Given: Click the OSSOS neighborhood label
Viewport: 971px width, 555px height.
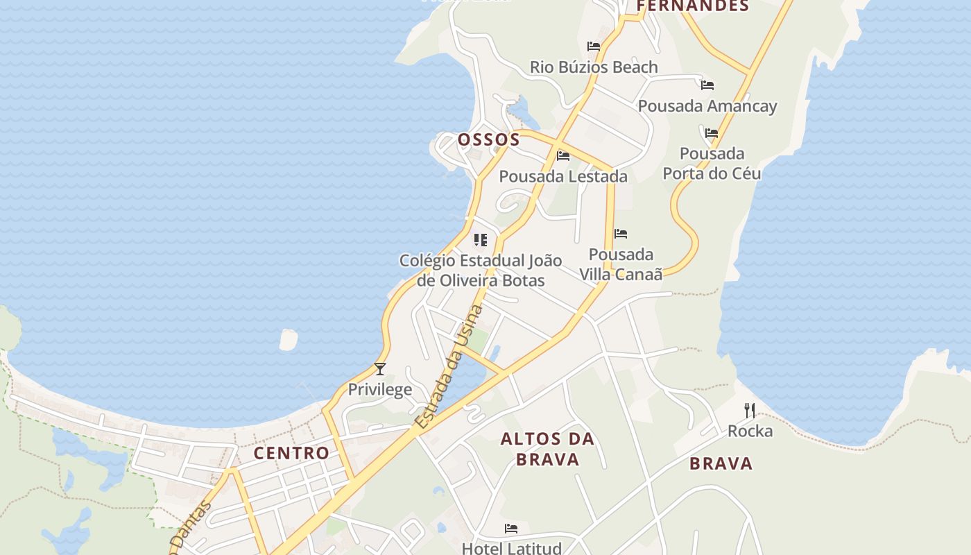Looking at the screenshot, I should pyautogui.click(x=489, y=139).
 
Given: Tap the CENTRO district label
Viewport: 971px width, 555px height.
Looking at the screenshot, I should pyautogui.click(x=291, y=453).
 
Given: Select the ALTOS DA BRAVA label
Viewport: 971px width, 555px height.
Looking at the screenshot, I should pyautogui.click(x=547, y=449).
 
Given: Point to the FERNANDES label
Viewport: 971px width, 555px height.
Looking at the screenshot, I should pyautogui.click(x=692, y=6).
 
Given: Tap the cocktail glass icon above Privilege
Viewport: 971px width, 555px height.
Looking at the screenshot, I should pyautogui.click(x=379, y=368).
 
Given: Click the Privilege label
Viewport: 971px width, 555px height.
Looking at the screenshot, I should pyautogui.click(x=379, y=389).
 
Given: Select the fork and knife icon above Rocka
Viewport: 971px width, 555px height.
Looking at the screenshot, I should pyautogui.click(x=749, y=410).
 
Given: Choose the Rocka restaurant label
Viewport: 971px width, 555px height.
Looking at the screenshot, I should pyautogui.click(x=750, y=431).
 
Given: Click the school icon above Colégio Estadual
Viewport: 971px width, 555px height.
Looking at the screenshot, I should pyautogui.click(x=480, y=240).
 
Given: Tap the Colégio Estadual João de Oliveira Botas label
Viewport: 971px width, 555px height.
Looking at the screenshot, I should pyautogui.click(x=481, y=271).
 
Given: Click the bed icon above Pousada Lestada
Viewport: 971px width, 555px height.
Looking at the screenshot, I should pyautogui.click(x=563, y=156).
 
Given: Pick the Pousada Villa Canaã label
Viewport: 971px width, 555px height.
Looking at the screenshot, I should pyautogui.click(x=621, y=264).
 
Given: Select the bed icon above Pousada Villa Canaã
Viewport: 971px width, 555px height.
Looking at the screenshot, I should pyautogui.click(x=621, y=234).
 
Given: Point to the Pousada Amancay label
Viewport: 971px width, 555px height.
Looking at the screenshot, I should pyautogui.click(x=707, y=106).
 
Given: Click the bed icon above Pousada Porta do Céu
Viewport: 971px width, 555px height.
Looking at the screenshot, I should pyautogui.click(x=712, y=133).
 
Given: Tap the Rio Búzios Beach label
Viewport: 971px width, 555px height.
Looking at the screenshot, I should pyautogui.click(x=594, y=67).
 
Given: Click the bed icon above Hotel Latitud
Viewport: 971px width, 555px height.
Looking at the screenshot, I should pyautogui.click(x=511, y=529).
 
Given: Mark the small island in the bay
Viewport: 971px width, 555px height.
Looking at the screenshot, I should pyautogui.click(x=288, y=339).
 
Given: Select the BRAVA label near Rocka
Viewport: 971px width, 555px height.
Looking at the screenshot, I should pyautogui.click(x=721, y=463).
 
